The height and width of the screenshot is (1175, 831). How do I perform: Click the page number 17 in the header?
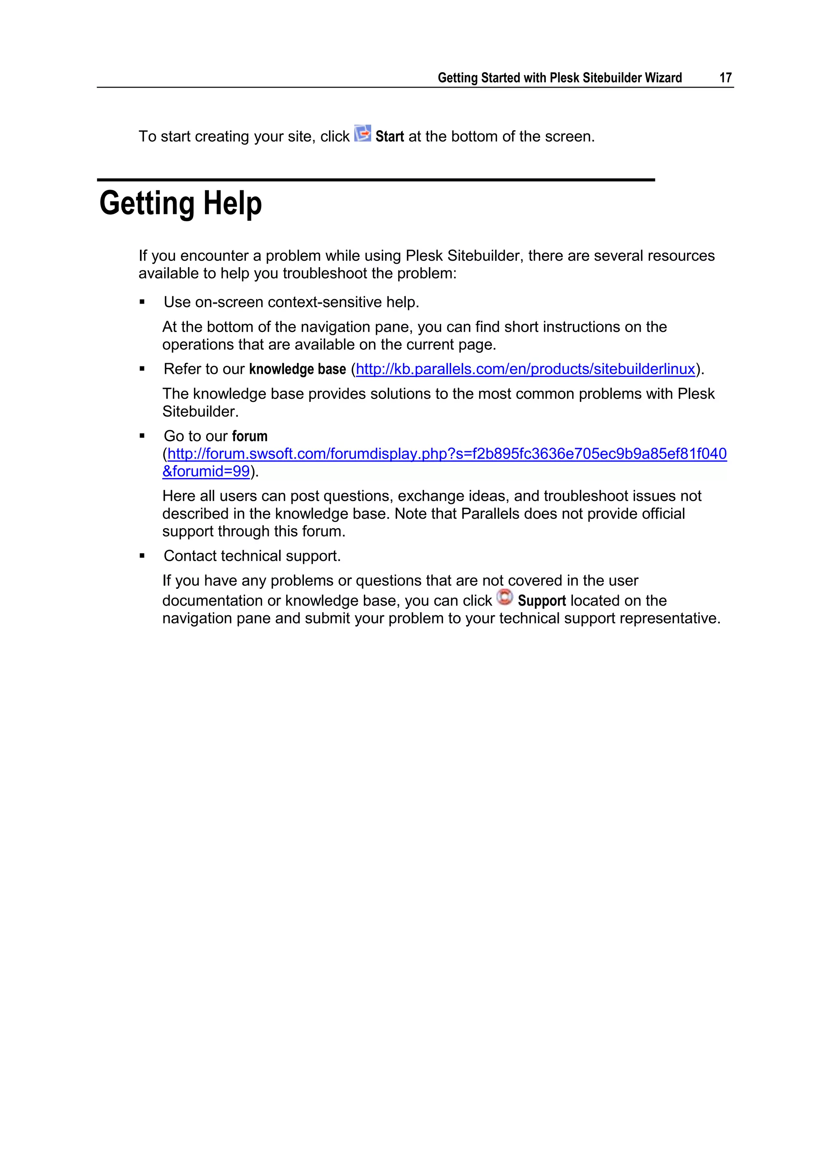[x=725, y=78]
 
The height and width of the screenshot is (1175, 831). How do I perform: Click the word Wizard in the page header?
[x=663, y=78]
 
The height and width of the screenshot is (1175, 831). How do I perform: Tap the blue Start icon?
[x=363, y=134]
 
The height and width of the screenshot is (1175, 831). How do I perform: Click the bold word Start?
[x=390, y=137]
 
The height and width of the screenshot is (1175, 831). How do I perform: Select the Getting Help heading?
[x=180, y=203]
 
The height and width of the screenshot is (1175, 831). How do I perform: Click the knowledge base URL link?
[x=525, y=369]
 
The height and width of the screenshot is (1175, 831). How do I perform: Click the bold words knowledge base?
[x=297, y=369]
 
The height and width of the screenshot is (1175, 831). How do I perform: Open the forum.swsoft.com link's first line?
[x=447, y=454]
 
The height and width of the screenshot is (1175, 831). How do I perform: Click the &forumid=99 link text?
[x=206, y=471]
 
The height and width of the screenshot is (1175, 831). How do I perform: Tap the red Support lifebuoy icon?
[x=504, y=597]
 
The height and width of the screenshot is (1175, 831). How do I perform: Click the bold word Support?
[x=541, y=601]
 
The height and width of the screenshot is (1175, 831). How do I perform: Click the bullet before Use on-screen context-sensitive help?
[x=142, y=302]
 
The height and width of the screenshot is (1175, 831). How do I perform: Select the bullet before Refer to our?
[x=142, y=369]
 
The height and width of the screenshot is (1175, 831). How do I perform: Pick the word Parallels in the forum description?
[x=490, y=514]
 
